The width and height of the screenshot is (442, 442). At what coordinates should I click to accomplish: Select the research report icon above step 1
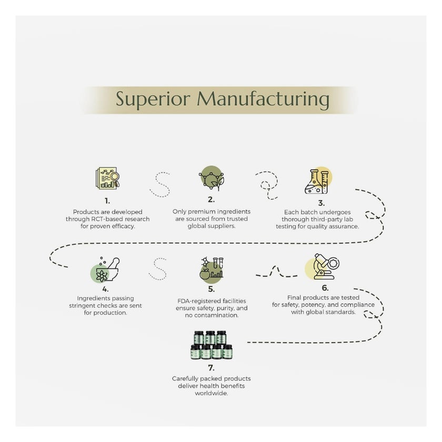pyautogui.click(x=107, y=178)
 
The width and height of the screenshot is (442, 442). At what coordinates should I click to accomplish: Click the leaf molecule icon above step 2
pyautogui.click(x=211, y=178)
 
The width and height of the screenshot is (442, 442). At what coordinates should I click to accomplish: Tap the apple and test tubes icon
pyautogui.click(x=211, y=268)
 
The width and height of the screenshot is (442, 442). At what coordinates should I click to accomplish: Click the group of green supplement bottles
pyautogui.click(x=212, y=345)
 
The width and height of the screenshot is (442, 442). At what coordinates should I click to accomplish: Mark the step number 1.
pyautogui.click(x=107, y=200)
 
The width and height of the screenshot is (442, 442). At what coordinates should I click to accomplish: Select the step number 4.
pyautogui.click(x=106, y=289)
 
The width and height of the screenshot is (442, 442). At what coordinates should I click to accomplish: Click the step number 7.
pyautogui.click(x=212, y=367)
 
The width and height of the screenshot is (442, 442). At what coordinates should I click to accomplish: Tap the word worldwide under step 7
pyautogui.click(x=211, y=393)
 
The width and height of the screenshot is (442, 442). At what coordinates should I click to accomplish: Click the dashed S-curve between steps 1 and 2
pyautogui.click(x=159, y=184)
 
